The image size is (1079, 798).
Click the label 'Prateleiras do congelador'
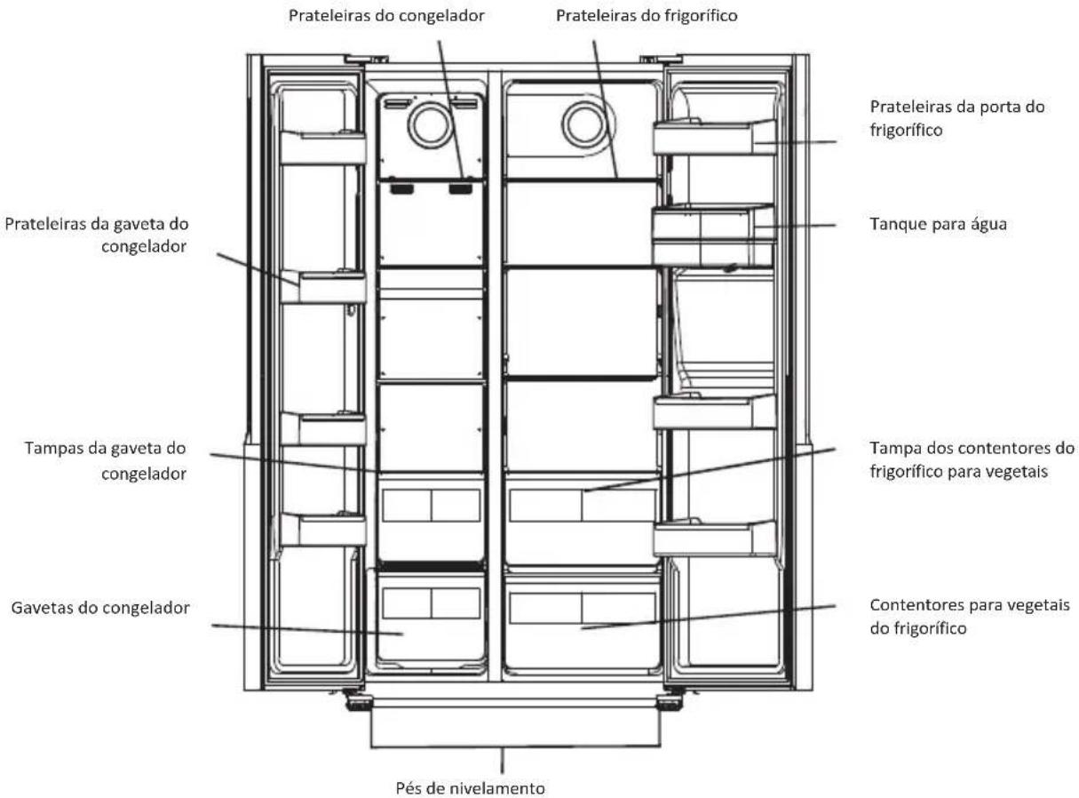[x=386, y=16]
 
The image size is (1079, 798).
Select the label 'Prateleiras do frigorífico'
[x=647, y=16]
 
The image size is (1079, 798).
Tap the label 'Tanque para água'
[x=938, y=225]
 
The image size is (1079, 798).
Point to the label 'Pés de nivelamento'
[x=470, y=787]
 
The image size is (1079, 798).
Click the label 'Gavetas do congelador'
[x=100, y=608]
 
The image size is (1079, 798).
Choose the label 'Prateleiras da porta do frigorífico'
[x=957, y=118]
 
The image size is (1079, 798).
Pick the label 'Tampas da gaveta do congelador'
[x=106, y=460]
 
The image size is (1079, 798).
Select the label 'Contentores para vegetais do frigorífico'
[x=970, y=617]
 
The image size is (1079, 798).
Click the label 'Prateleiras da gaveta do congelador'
[x=97, y=235]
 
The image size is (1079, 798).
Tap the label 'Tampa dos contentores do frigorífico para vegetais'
[x=972, y=459]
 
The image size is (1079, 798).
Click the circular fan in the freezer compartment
[x=431, y=124]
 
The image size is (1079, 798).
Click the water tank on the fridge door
[x=713, y=235]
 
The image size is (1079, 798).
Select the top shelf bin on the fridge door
[x=714, y=138]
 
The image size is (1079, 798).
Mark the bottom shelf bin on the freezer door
[x=323, y=530]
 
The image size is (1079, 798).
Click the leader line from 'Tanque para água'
[x=795, y=227]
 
